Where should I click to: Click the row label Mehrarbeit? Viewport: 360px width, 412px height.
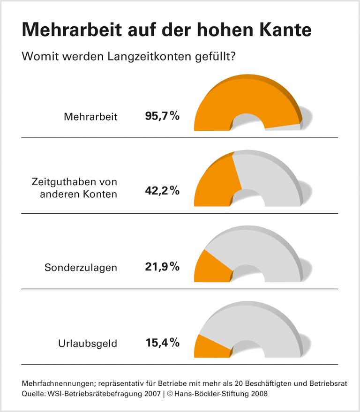coord(90,116)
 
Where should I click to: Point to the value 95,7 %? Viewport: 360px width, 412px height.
coord(162,116)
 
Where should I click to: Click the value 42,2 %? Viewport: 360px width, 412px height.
coord(162,191)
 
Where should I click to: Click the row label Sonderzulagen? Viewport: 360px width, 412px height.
coord(81,268)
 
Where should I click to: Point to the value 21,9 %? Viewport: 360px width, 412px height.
coord(162,267)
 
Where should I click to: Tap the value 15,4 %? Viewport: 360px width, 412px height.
coord(162,343)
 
